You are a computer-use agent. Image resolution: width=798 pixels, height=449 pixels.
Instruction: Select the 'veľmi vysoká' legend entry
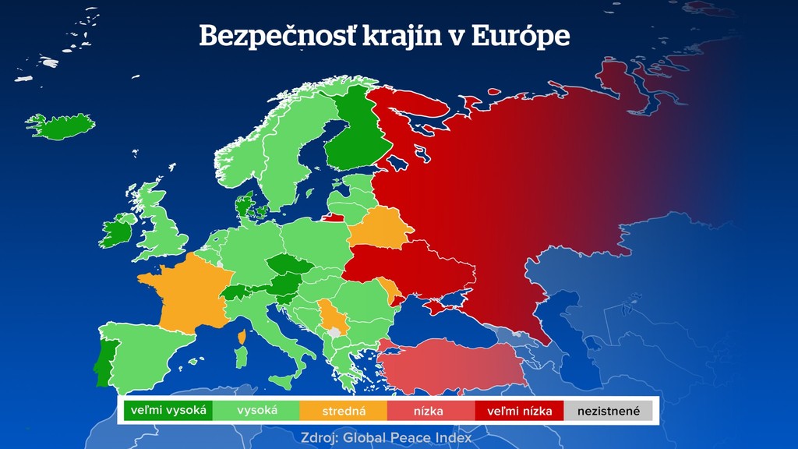pyautogui.click(x=168, y=410)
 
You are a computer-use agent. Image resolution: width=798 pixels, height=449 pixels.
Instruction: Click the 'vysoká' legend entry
pyautogui.click(x=256, y=410)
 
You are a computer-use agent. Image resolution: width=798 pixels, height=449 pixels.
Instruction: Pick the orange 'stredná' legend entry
pyautogui.click(x=344, y=410)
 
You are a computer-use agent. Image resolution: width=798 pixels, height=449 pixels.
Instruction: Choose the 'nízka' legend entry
pyautogui.click(x=431, y=410)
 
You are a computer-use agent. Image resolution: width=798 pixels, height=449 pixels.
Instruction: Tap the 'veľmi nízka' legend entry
pyautogui.click(x=519, y=410)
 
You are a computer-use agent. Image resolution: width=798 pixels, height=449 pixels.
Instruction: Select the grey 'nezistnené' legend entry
pyautogui.click(x=608, y=410)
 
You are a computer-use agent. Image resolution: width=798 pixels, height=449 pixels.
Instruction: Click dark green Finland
pyautogui.click(x=352, y=133)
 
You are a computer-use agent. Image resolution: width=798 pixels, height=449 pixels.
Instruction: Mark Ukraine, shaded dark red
pyautogui.click(x=413, y=269)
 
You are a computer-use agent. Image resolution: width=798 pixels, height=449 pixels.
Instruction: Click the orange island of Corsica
pyautogui.click(x=241, y=337)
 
